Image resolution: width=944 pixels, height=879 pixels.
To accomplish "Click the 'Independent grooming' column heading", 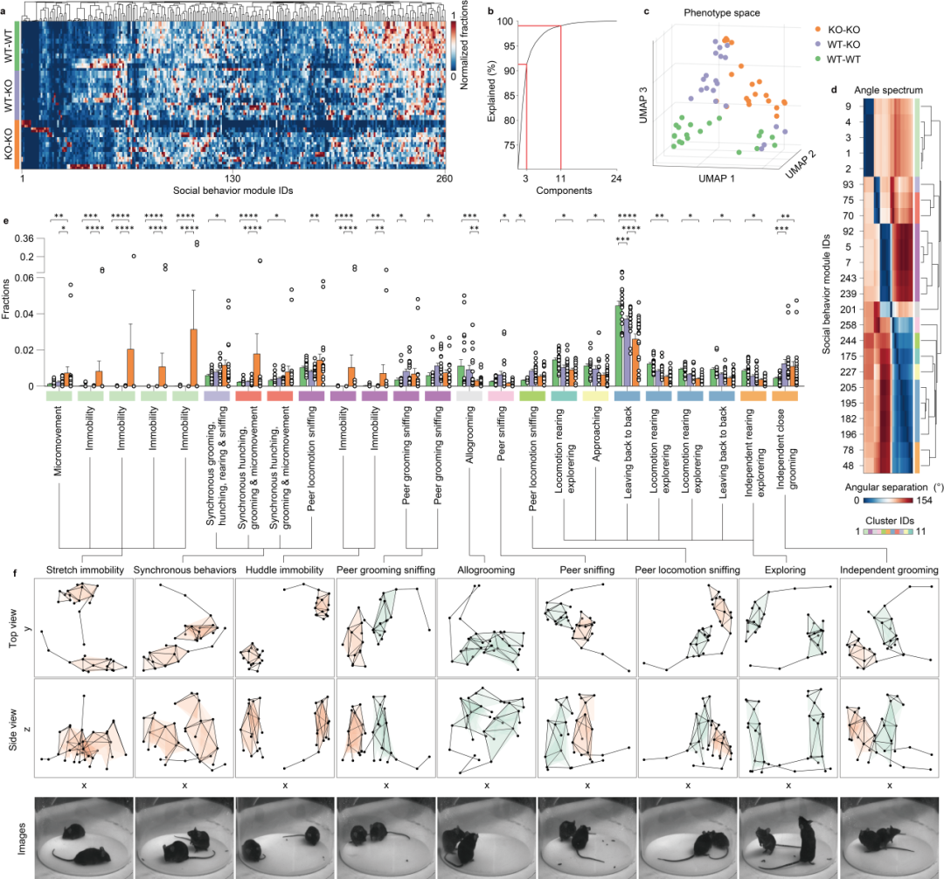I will tap(887, 570).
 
